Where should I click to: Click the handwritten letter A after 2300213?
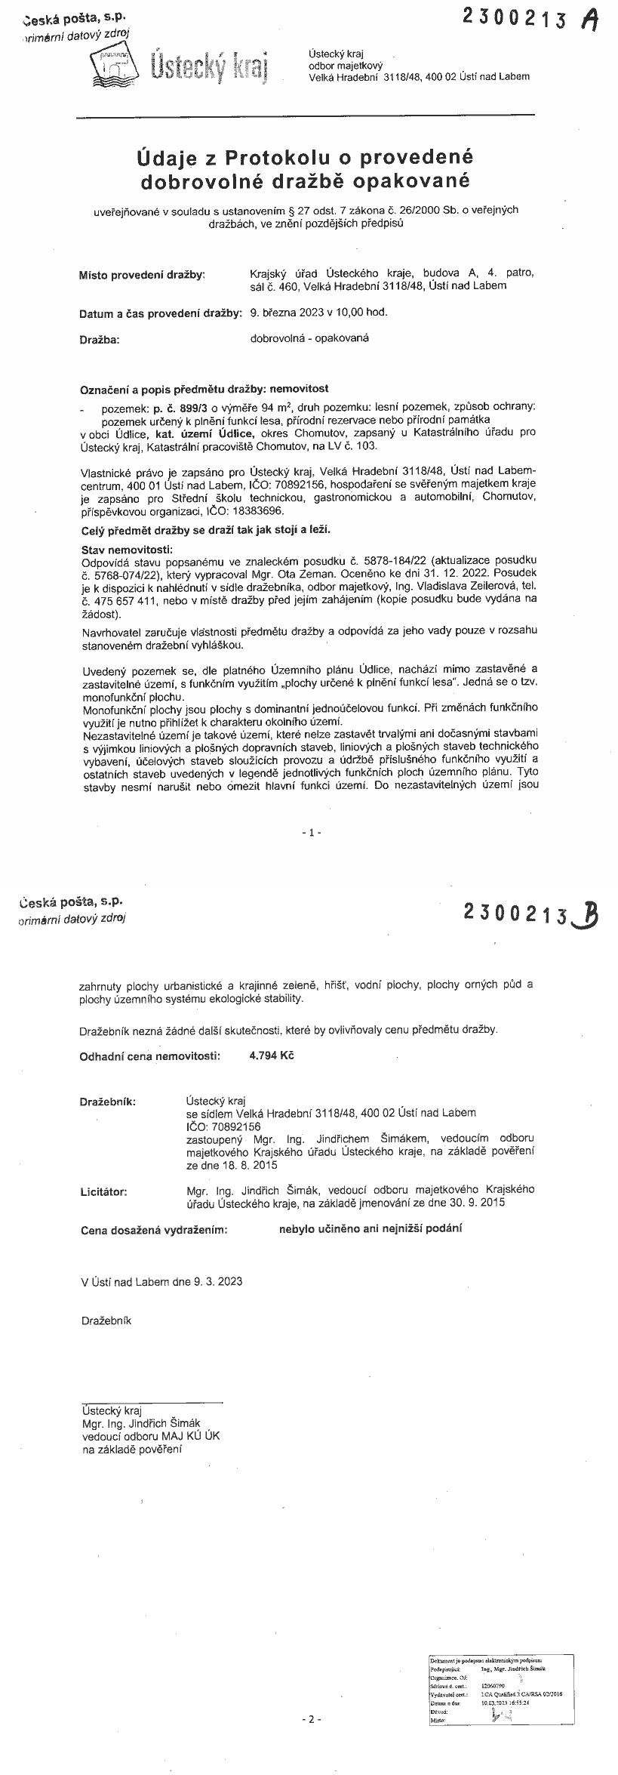(x=589, y=20)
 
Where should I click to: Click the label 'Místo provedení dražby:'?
(x=142, y=275)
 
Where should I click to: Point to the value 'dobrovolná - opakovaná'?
(x=309, y=338)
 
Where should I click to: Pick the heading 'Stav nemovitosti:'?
(x=127, y=548)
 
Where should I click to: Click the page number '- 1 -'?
(x=311, y=832)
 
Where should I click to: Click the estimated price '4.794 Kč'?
(x=271, y=1055)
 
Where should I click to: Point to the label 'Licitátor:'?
(x=104, y=1192)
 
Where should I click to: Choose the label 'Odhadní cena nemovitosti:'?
(x=150, y=1056)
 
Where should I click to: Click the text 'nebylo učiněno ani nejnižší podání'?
(x=370, y=1228)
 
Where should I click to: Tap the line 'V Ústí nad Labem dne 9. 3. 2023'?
(x=162, y=1281)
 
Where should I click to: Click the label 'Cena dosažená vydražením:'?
(x=154, y=1230)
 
